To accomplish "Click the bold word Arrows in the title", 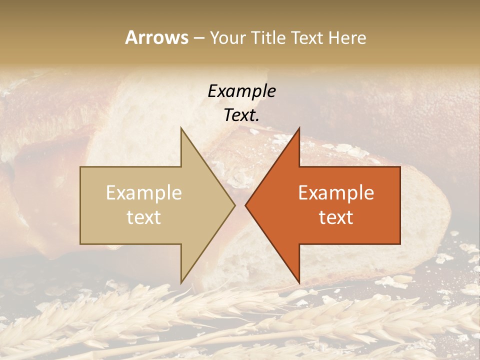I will click(x=156, y=37).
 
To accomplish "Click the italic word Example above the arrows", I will click(x=241, y=91).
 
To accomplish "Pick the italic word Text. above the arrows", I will click(x=241, y=115).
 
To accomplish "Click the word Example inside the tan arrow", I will click(x=144, y=193).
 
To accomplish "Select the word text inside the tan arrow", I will click(x=144, y=217).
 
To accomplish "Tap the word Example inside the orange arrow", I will click(x=336, y=193).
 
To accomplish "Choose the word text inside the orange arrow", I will click(x=336, y=217).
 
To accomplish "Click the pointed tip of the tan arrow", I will click(x=234, y=205).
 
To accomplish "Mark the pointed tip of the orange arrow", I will click(x=245, y=205).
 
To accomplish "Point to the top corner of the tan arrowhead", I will click(x=181, y=128).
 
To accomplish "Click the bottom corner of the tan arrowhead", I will click(x=181, y=282).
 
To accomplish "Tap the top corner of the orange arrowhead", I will click(x=299, y=128).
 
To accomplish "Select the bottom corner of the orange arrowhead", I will click(x=299, y=282).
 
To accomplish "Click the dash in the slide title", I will click(x=198, y=38).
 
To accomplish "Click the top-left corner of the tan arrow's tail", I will click(x=81, y=167).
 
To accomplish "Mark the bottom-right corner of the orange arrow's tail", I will click(x=399, y=243).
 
